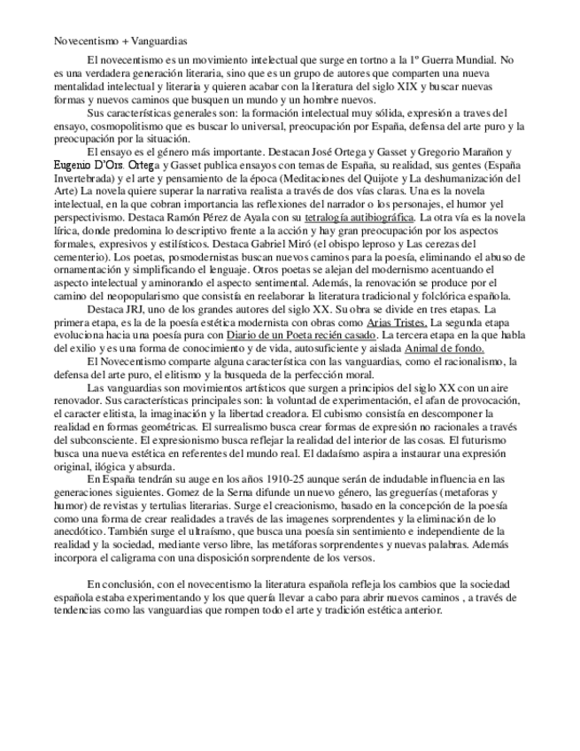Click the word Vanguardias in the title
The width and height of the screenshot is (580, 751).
(160, 41)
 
